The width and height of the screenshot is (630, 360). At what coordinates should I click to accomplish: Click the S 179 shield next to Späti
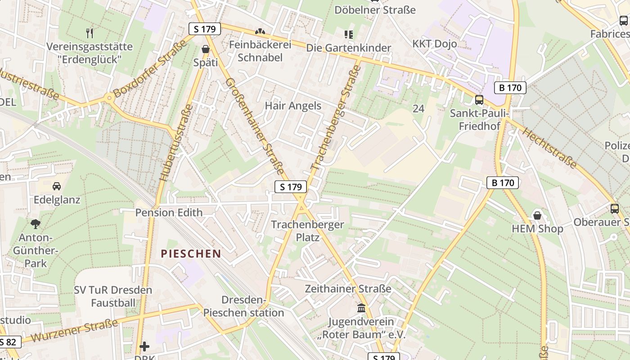click(205, 29)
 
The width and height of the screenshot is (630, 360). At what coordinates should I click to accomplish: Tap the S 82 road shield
click(8, 342)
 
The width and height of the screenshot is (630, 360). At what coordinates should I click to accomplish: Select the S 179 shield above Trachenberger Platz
click(290, 187)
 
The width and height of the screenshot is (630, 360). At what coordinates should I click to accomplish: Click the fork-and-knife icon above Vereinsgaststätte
click(90, 33)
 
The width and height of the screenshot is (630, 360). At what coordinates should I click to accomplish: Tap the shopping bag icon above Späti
click(206, 49)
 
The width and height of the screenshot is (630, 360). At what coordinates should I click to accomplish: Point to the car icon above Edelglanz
click(57, 186)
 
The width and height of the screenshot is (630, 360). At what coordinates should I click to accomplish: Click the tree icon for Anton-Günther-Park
click(36, 223)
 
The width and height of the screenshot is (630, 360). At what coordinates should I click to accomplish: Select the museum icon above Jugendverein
click(361, 308)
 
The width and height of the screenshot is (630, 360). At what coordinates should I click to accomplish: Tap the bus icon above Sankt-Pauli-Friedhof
click(479, 100)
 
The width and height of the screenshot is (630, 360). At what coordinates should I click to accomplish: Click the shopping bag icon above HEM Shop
click(537, 215)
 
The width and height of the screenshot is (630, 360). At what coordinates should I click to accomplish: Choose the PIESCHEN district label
click(191, 254)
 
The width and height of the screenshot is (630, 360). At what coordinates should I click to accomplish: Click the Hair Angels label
click(293, 106)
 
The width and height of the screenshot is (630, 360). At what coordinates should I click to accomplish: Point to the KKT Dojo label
click(435, 44)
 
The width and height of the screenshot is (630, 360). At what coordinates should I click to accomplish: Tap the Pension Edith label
click(169, 212)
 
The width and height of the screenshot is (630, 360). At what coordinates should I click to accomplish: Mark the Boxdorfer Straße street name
click(149, 68)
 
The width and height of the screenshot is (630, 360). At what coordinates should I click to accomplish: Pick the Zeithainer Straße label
click(348, 288)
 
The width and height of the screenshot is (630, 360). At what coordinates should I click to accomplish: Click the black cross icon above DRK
click(144, 346)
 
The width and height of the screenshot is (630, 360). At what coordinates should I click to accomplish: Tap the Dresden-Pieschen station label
click(243, 306)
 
